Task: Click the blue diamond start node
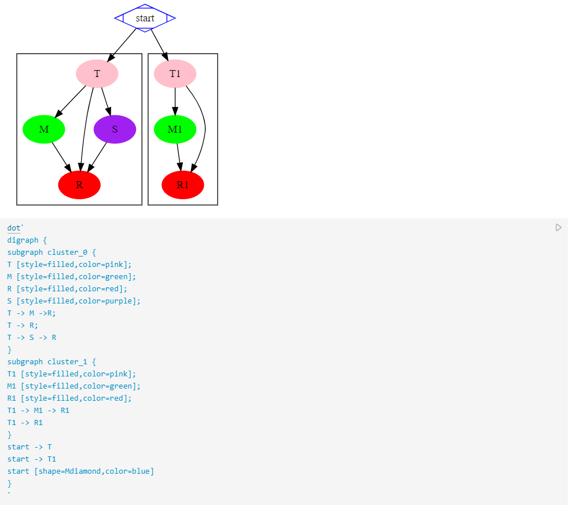(145, 18)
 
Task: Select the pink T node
(97, 74)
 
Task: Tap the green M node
(44, 129)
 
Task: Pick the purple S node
(115, 129)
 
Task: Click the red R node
(79, 185)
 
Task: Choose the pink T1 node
(175, 74)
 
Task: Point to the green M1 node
(175, 129)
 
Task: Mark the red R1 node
(183, 185)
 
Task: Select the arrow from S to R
(97, 158)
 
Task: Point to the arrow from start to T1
(159, 44)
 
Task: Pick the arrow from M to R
(61, 157)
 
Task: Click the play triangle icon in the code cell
(558, 228)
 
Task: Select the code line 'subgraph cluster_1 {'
(52, 361)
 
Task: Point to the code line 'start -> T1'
(32, 459)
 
